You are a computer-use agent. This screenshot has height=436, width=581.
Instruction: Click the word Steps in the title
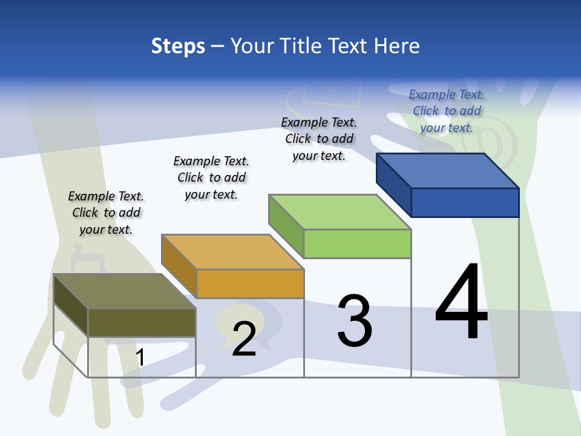(x=178, y=46)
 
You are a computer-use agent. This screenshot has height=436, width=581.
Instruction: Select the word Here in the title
(x=396, y=46)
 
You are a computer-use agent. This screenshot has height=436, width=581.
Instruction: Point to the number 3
(x=355, y=321)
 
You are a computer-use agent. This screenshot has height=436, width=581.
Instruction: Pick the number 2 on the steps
(x=244, y=339)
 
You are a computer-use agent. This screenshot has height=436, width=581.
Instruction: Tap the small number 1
(x=140, y=358)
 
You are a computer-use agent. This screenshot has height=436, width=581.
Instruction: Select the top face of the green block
(x=340, y=212)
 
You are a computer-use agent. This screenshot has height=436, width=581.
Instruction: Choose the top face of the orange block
(x=232, y=252)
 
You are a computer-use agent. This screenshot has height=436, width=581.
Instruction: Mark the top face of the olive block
(x=125, y=291)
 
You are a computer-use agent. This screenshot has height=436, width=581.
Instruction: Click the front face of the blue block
(x=465, y=202)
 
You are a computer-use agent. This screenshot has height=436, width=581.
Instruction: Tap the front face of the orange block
(x=250, y=283)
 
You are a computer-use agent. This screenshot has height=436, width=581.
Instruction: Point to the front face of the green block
(x=357, y=243)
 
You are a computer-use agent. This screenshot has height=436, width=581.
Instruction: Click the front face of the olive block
(x=142, y=322)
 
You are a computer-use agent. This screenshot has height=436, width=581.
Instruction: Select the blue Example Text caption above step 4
(x=447, y=111)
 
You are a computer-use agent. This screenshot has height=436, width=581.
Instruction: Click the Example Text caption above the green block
(x=319, y=139)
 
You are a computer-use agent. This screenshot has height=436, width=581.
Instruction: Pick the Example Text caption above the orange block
(x=211, y=177)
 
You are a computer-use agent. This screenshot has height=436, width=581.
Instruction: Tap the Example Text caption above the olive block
(x=106, y=213)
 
